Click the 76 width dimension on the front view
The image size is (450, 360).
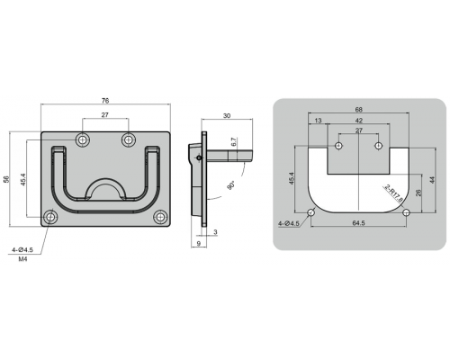coord(105,101)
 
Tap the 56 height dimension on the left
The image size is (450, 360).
coord(7,179)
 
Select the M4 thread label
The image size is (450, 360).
coord(22,259)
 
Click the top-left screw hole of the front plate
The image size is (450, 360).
coord(83,139)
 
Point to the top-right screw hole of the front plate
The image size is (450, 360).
coord(129,139)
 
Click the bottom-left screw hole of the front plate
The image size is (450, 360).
coord(50,217)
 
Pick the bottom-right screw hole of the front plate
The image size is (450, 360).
coord(159,217)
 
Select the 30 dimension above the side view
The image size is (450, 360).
coord(227,115)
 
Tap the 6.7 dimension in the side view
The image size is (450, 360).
coord(235,141)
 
